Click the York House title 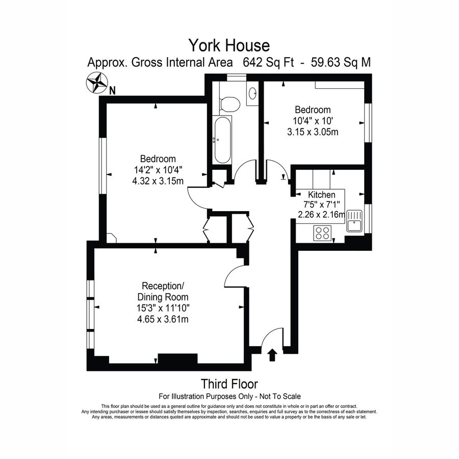(229, 45)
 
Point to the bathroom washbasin (252, 93)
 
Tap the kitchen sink (354, 222)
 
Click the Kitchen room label (321, 195)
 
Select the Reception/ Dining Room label (163, 291)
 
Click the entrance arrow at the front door (272, 355)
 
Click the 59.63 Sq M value (337, 63)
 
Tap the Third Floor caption (229, 384)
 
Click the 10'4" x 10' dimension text (313, 121)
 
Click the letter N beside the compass (113, 91)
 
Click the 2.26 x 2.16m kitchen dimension (321, 214)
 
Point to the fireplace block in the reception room (177, 359)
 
